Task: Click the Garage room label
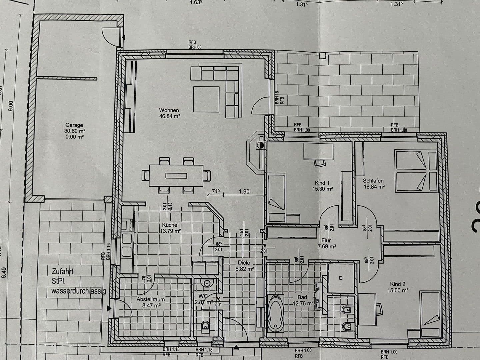pos(74,125)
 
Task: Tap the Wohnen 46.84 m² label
pos(169,113)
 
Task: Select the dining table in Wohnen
pos(176,176)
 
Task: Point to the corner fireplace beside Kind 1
pos(256,152)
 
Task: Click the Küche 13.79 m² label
pos(170,228)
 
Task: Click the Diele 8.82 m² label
pos(244,265)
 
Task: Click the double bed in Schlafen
pos(415,171)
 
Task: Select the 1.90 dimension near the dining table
pos(244,191)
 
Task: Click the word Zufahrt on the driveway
pos(62,271)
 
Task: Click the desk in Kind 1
pos(318,152)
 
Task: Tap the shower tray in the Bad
pos(341,278)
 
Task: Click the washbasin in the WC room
pos(207,283)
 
